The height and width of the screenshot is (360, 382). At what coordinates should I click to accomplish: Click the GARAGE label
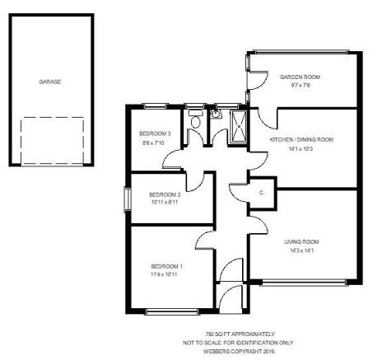point(50,82)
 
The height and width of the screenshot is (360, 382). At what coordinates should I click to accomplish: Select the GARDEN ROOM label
point(300,77)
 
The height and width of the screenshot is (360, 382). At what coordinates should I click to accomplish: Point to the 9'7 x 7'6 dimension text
point(300,85)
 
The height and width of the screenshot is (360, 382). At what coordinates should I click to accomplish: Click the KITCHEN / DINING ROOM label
point(301,139)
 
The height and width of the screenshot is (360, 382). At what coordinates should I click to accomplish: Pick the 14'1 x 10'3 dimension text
point(300,149)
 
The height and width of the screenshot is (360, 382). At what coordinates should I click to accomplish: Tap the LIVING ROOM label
point(301,241)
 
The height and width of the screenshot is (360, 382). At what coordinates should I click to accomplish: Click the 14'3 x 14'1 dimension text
point(301,250)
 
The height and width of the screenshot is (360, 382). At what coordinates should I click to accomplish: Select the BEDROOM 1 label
point(166,266)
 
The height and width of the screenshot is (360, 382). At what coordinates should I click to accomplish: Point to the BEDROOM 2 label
point(165,194)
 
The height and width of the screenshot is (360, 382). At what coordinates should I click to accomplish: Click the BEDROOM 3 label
point(155,133)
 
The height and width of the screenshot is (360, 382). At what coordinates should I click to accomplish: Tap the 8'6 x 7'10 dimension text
point(153,143)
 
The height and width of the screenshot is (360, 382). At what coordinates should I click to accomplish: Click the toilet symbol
point(195,119)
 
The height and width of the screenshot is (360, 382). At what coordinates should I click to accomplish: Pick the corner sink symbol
point(216,114)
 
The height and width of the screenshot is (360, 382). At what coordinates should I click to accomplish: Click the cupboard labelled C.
point(262,193)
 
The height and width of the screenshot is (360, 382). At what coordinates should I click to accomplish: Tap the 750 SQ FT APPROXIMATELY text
point(240,334)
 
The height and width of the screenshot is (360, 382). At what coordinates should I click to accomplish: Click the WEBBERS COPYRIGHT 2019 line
point(240,352)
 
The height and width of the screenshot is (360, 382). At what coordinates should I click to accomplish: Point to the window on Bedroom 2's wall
point(128,199)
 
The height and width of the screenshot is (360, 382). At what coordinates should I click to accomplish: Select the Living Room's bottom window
point(304,283)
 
